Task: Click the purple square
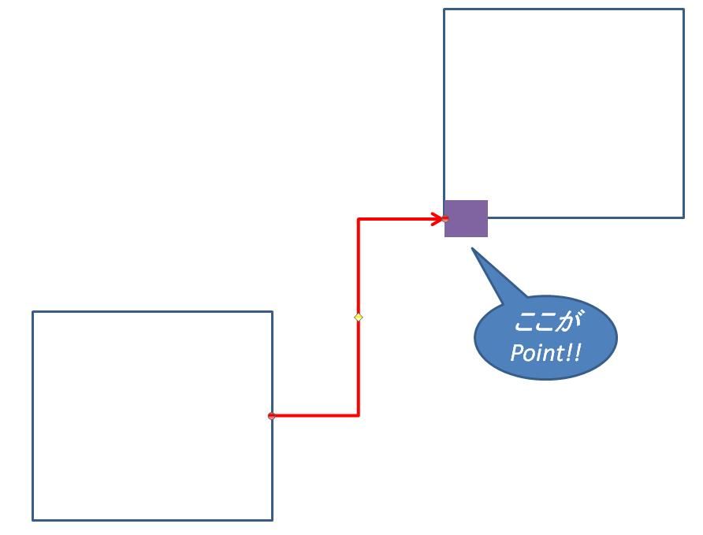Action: (466, 218)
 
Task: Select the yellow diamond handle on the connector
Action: (359, 317)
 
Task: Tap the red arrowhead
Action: (439, 218)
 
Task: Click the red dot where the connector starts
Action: (272, 415)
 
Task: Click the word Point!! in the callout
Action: (545, 352)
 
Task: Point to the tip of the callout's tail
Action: (472, 249)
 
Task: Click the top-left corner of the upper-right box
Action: (444, 9)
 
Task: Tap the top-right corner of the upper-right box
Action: (683, 9)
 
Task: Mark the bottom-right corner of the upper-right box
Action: (683, 217)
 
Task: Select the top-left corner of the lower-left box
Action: (33, 311)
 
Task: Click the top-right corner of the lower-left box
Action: (272, 311)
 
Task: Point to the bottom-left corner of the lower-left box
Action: (33, 520)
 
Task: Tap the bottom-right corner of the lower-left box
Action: (272, 520)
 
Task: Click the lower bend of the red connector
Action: (359, 414)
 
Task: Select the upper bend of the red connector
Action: (359, 219)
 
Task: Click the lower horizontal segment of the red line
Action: (315, 414)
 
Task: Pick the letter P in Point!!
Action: (516, 353)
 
